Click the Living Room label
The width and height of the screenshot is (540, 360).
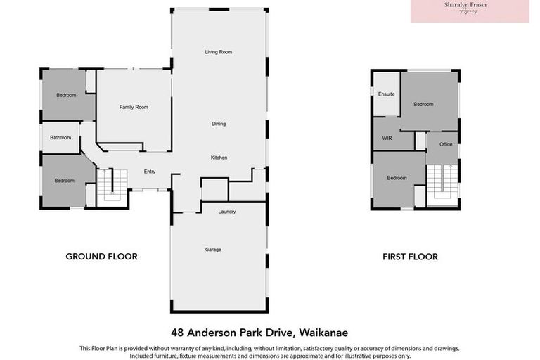(219, 52)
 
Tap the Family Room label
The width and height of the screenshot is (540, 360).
(134, 107)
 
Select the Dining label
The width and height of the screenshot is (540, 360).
(219, 124)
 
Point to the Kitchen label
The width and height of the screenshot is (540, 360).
(219, 157)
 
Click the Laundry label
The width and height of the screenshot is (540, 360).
(226, 212)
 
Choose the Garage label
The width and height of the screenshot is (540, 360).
(213, 250)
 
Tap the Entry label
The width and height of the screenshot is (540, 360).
(150, 172)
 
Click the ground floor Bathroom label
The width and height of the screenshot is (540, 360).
(60, 138)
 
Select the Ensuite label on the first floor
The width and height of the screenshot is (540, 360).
(386, 94)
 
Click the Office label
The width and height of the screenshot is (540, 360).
(446, 144)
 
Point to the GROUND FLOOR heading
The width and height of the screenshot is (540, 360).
(101, 257)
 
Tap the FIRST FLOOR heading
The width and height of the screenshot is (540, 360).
(410, 257)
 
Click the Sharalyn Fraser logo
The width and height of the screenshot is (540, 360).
(470, 11)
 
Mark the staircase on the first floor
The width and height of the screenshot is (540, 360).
(442, 179)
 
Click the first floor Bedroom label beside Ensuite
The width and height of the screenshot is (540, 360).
(423, 105)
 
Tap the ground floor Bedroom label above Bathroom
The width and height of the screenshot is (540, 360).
(66, 96)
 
